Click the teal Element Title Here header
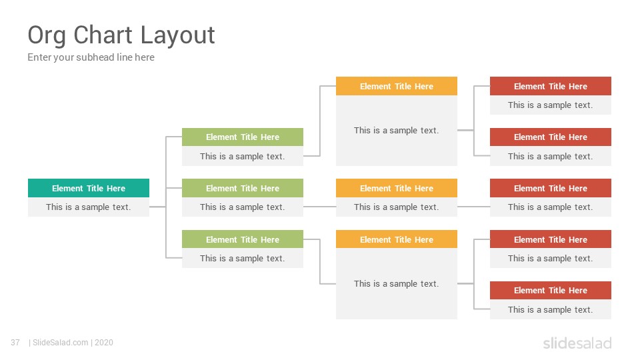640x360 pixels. click(89, 188)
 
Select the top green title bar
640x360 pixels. click(243, 137)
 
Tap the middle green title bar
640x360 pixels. click(243, 188)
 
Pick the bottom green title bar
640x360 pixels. click(243, 239)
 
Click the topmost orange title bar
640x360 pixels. click(396, 86)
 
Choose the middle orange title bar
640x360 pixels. click(396, 188)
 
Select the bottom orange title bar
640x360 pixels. click(396, 239)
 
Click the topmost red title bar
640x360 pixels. click(551, 86)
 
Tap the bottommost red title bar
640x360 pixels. click(551, 290)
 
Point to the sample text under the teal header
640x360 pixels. click(89, 207)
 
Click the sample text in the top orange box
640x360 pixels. click(396, 130)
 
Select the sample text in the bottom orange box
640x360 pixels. click(396, 284)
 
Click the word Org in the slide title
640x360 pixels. click(47, 36)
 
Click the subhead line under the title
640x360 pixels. click(91, 57)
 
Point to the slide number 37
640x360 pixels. click(15, 343)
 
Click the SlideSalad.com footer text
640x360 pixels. click(61, 343)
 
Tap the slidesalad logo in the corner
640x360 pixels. click(577, 343)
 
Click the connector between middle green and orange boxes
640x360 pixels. click(319, 207)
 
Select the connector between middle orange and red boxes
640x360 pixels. click(473, 207)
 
